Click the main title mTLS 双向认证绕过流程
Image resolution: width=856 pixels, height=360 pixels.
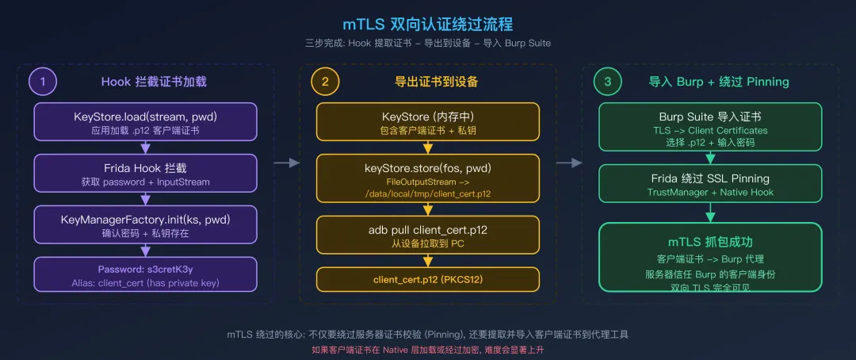[427, 24]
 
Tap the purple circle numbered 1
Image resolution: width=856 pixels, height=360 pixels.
[43, 82]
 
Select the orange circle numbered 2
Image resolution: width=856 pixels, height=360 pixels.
[325, 82]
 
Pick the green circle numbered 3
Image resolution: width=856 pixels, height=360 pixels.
[607, 82]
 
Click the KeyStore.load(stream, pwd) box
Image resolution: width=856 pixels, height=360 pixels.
[145, 122]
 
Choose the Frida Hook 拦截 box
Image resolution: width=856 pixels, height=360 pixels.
[145, 174]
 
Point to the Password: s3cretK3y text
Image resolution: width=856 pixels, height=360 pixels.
[145, 270]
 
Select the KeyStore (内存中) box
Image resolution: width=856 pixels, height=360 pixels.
[428, 122]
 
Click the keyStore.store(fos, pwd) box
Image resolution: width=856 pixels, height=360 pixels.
[428, 181]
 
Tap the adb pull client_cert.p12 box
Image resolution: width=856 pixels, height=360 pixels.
[428, 236]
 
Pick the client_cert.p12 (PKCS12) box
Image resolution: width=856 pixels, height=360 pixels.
[428, 279]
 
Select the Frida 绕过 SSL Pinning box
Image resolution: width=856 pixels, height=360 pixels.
[710, 184]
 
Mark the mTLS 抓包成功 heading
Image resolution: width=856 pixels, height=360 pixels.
[710, 242]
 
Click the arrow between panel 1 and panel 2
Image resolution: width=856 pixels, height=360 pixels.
[287, 163]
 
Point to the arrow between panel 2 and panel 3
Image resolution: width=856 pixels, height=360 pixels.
[569, 163]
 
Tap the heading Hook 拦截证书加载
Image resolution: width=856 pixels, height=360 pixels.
[154, 82]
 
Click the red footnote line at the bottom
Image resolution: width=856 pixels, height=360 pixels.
[427, 349]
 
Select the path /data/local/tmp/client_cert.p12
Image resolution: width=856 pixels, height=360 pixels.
[428, 194]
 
